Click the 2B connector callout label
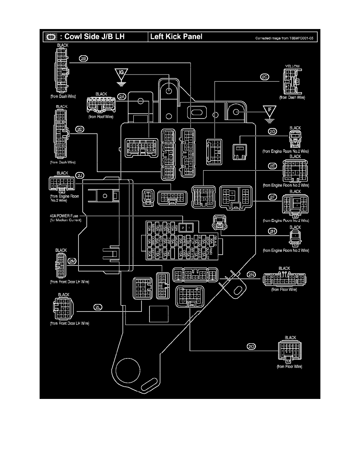[x=84, y=58]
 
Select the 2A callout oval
[x=122, y=97]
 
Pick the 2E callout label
[x=272, y=166]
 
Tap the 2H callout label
[x=272, y=231]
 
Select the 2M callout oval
[x=72, y=261]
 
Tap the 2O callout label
[x=251, y=346]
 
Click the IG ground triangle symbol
[x=121, y=75]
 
